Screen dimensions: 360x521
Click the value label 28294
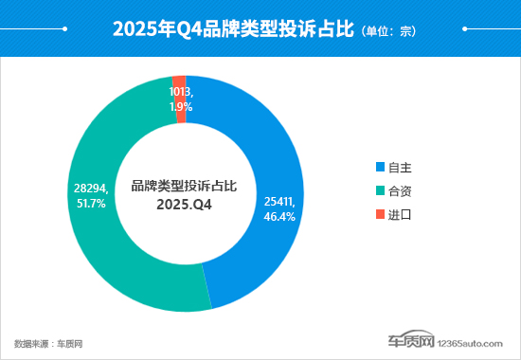[91, 189]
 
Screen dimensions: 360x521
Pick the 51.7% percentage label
[93, 204]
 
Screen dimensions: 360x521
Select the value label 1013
[181, 93]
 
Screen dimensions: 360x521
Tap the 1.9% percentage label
[181, 107]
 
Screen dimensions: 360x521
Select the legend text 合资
[401, 191]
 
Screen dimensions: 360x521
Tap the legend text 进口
[401, 215]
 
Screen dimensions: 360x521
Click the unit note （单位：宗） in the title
[387, 30]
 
